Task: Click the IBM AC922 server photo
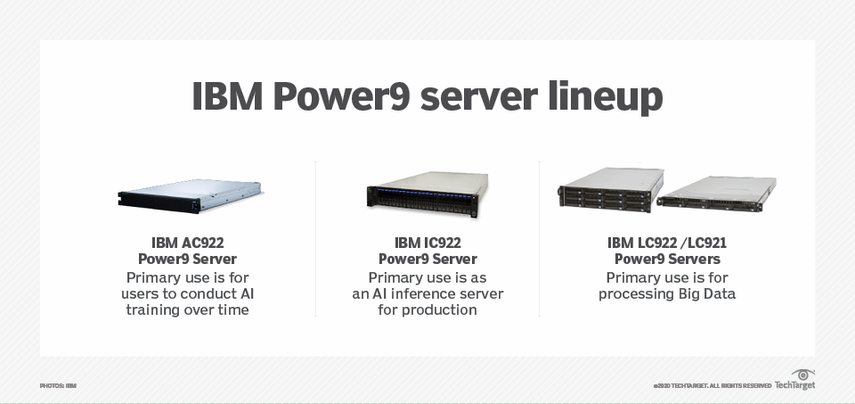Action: pyautogui.click(x=189, y=194)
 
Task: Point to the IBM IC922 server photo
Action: pyautogui.click(x=427, y=194)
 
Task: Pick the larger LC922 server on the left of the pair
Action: pyautogui.click(x=610, y=190)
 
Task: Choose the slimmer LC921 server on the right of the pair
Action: pyautogui.click(x=716, y=194)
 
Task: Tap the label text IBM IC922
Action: pyautogui.click(x=427, y=243)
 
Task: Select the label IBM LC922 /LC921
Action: pyautogui.click(x=667, y=243)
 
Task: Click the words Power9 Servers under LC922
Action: pyautogui.click(x=667, y=260)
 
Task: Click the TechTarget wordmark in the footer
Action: pyautogui.click(x=794, y=385)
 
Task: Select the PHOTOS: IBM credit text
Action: pyautogui.click(x=58, y=385)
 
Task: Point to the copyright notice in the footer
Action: pyautogui.click(x=712, y=385)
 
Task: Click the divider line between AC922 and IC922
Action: pyautogui.click(x=315, y=239)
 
